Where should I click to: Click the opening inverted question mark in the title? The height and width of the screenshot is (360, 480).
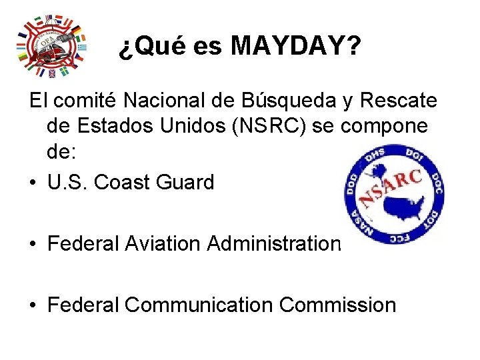(x=125, y=48)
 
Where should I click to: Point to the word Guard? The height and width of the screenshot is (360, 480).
(x=186, y=182)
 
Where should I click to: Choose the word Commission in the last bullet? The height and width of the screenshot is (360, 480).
(x=337, y=305)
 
